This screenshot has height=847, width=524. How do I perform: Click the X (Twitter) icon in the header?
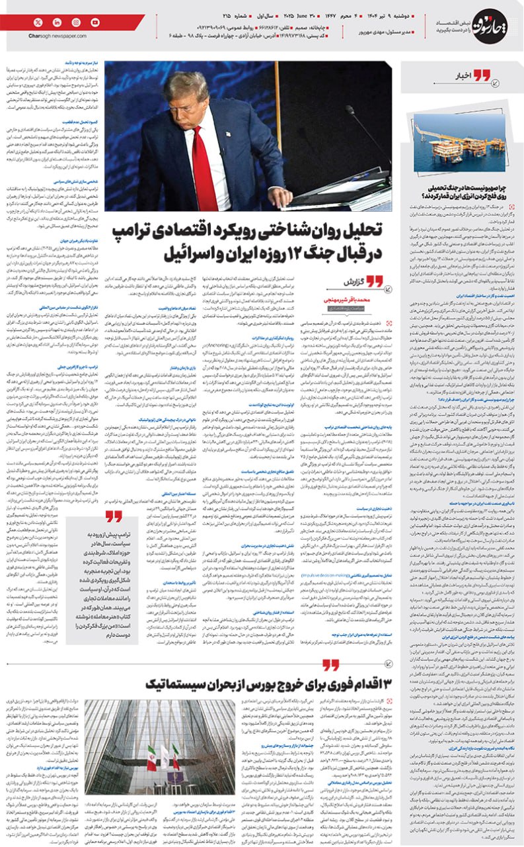[x=38, y=22]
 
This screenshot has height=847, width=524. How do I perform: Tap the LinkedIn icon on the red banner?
[x=57, y=22]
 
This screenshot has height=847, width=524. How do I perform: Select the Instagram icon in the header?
[x=76, y=22]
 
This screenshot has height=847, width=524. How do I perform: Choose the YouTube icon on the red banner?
[x=95, y=22]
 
